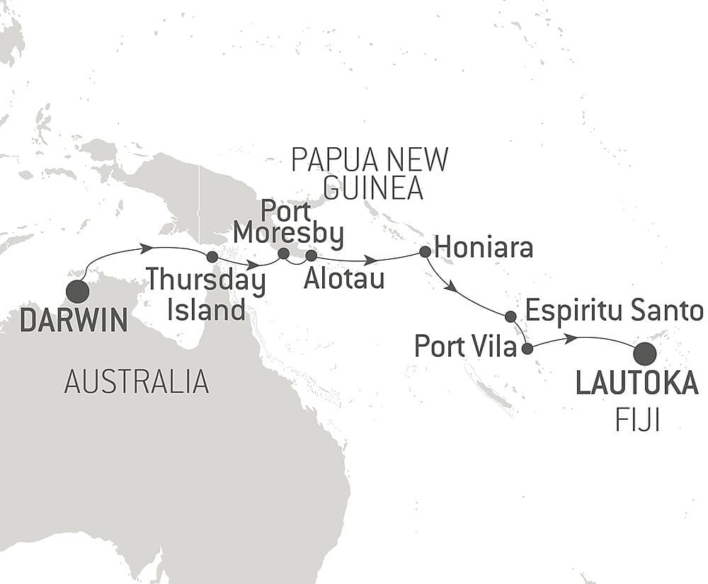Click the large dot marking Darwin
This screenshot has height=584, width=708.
(x=77, y=292)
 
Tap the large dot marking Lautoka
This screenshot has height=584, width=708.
(x=644, y=353)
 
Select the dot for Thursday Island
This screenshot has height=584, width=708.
(x=210, y=257)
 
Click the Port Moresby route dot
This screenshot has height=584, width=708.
(x=284, y=253)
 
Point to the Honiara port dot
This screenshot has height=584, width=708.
(x=425, y=251)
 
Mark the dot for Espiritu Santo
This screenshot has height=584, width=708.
(x=510, y=316)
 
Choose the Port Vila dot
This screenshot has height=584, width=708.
(x=527, y=348)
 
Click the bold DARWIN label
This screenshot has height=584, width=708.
(x=74, y=321)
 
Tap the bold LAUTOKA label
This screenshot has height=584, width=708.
(x=636, y=384)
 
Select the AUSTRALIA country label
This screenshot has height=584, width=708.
(x=137, y=382)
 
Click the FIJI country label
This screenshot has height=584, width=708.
(x=637, y=422)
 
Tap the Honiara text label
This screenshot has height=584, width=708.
(x=484, y=249)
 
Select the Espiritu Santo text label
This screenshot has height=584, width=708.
(x=615, y=311)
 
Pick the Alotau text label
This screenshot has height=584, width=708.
(x=343, y=278)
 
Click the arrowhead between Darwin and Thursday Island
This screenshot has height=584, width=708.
(x=148, y=248)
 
